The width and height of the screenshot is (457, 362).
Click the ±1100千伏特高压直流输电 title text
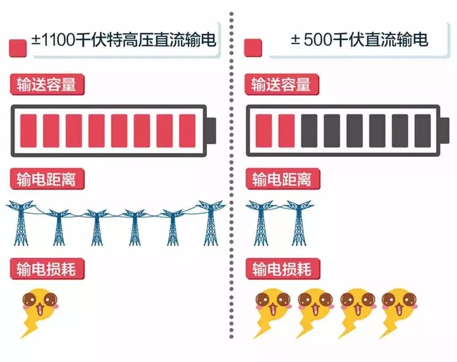pyautogui.click(x=124, y=39)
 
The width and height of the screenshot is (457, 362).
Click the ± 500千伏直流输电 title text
pyautogui.click(x=359, y=39)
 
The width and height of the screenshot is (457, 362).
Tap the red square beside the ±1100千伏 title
pyautogui.click(x=18, y=48)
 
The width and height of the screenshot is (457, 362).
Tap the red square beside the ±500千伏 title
pyautogui.click(x=253, y=48)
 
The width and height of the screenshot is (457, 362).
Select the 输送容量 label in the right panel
pyautogui.click(x=282, y=84)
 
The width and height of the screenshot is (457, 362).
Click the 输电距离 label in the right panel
pyautogui.click(x=283, y=179)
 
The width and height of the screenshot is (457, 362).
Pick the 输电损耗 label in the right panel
pyautogui.click(x=283, y=269)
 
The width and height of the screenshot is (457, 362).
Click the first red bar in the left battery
pyautogui.click(x=28, y=131)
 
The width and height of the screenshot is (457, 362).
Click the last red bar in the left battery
pyautogui.click(x=187, y=131)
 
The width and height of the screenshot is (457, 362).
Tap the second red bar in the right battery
pyautogui.click(x=286, y=131)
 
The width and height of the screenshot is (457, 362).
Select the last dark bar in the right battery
pyautogui.click(x=423, y=131)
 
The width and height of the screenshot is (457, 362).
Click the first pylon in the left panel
pyautogui.click(x=21, y=223)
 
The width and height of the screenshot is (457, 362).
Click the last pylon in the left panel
pyautogui.click(x=211, y=223)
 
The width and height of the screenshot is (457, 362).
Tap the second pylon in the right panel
pyautogui.click(x=299, y=223)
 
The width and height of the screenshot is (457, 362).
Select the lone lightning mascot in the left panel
pyautogui.click(x=40, y=313)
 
